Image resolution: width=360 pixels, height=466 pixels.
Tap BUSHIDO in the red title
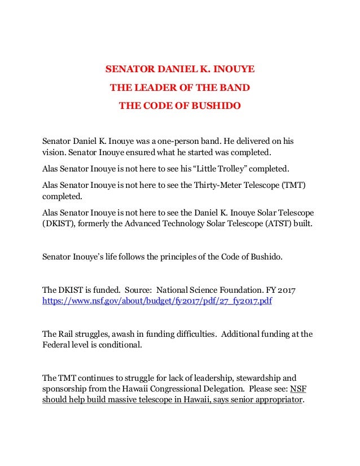coord(214,105)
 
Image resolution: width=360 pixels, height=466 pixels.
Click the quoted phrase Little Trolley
coord(225,168)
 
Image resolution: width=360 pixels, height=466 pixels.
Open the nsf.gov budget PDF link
coord(157,302)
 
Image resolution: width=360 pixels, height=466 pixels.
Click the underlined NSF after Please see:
coord(297,389)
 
